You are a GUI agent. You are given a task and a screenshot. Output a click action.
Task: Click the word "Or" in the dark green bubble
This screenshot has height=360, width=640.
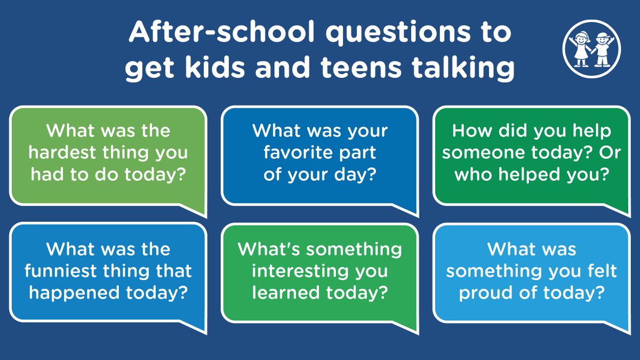point(603,153)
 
